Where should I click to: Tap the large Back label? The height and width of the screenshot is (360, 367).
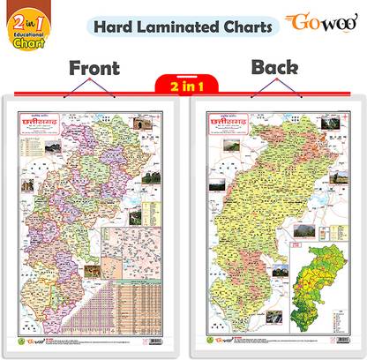pyautogui.click(x=277, y=67)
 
